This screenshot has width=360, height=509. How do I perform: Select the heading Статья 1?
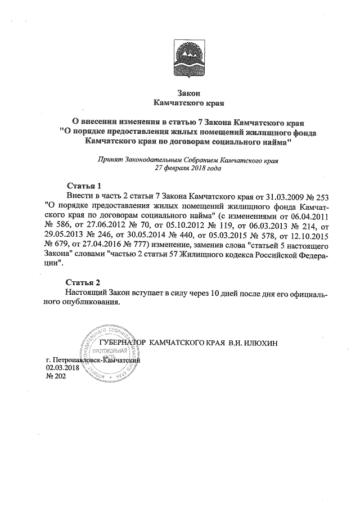pos(83,185)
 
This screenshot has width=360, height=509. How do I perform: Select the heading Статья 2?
pos(83,282)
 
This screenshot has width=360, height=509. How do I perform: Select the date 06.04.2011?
pos(310,215)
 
